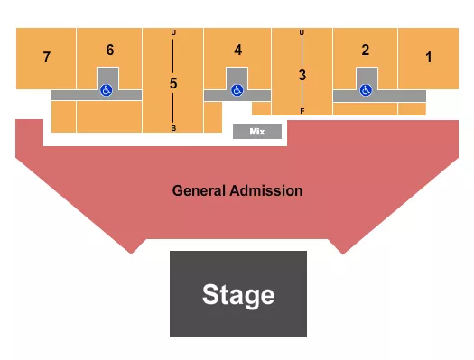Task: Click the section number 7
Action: (46, 58)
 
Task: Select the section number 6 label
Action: (110, 50)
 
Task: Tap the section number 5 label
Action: (173, 83)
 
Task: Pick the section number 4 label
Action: (238, 51)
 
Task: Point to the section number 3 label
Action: (302, 76)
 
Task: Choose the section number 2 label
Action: (366, 50)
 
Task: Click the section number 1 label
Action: (429, 57)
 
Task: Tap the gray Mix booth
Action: (257, 132)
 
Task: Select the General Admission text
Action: (237, 191)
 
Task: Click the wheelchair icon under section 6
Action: (107, 89)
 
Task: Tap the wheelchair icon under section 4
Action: (237, 89)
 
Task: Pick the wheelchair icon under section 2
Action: (366, 89)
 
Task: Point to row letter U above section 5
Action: (173, 34)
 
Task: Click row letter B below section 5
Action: (173, 128)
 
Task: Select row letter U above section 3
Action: (302, 33)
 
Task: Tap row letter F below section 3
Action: (302, 110)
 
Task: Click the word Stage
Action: (238, 294)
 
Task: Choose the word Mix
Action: (257, 132)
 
